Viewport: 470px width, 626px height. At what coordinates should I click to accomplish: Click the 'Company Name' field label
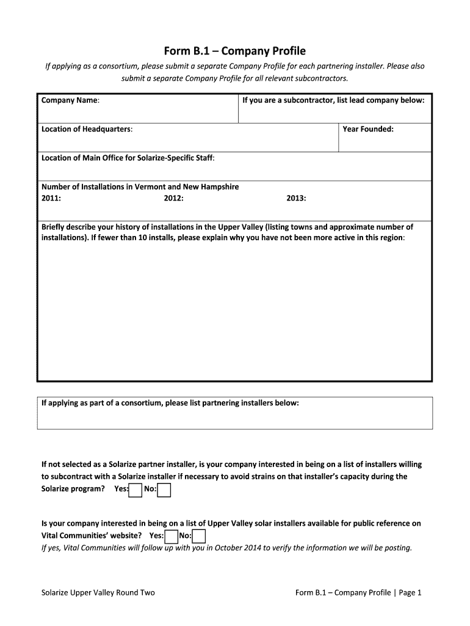point(70,100)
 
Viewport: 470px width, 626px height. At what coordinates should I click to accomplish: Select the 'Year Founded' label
point(368,129)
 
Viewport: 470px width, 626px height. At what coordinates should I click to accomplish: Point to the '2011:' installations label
point(51,199)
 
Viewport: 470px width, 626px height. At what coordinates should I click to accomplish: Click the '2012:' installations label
point(173,199)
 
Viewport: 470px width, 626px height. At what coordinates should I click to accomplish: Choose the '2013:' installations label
point(296,199)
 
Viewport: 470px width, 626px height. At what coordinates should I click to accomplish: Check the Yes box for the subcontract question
point(136,490)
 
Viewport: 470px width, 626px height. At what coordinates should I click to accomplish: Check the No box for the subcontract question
point(164,490)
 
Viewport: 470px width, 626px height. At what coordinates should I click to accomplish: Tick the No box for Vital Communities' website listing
point(199,537)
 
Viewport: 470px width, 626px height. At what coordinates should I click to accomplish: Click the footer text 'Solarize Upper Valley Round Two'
point(98,592)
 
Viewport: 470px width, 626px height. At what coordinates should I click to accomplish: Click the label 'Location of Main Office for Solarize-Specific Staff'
point(128,158)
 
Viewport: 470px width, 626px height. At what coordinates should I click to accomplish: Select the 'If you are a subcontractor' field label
point(333,100)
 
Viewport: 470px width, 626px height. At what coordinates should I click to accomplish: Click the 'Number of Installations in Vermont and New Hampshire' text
point(140,187)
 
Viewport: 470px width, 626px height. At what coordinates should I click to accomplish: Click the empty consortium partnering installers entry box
point(235,419)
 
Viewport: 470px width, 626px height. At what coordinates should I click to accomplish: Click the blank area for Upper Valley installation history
point(235,312)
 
